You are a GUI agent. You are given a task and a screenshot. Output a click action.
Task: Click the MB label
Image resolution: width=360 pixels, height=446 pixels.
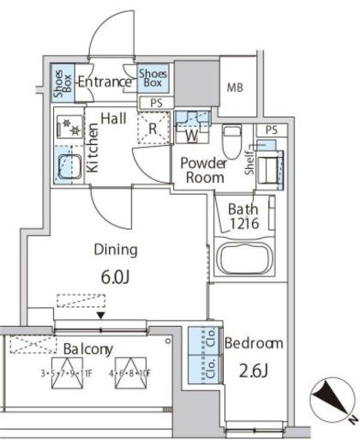pyautogui.click(x=235, y=87)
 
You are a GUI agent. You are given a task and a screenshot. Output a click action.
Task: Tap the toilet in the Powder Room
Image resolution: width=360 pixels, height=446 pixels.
pyautogui.click(x=232, y=142)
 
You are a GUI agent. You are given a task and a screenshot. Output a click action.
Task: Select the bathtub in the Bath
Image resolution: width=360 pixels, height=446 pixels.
pyautogui.click(x=244, y=258)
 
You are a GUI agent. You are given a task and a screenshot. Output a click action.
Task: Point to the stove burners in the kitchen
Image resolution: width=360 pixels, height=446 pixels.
pyautogui.click(x=70, y=127)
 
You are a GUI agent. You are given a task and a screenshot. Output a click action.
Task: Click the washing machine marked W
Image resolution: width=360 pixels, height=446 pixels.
pyautogui.click(x=192, y=128)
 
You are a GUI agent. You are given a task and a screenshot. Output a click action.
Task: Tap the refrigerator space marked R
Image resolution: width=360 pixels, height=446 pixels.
pyautogui.click(x=153, y=128)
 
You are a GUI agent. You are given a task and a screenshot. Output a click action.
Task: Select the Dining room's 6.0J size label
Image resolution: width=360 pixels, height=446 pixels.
pyautogui.click(x=116, y=277)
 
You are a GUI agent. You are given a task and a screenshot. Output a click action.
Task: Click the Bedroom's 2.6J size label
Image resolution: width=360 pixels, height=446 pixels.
pyautogui.click(x=253, y=371)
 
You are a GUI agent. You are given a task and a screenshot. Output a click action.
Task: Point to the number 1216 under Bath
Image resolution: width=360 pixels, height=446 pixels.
pyautogui.click(x=244, y=223)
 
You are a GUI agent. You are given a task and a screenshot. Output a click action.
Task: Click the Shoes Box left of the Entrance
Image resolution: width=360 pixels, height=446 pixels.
pyautogui.click(x=63, y=83)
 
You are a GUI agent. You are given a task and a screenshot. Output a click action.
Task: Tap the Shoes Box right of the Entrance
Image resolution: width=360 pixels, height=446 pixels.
pyautogui.click(x=153, y=78)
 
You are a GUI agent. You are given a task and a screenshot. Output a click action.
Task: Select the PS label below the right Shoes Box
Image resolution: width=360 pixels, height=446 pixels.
pyautogui.click(x=156, y=103)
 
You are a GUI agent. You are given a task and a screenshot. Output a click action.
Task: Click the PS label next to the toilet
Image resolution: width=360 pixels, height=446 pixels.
pyautogui.click(x=271, y=130)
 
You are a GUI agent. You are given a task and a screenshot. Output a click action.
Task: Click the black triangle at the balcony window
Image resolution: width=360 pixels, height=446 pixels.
pyautogui.click(x=100, y=316)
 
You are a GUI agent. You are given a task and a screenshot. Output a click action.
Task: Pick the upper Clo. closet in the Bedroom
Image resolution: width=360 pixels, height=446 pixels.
pyautogui.click(x=206, y=341)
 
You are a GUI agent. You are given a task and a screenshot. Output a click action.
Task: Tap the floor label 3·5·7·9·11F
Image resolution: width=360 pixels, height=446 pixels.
pyautogui.click(x=66, y=373)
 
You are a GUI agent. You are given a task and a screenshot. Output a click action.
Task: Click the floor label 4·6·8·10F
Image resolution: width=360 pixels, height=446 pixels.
pyautogui.click(x=130, y=373)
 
